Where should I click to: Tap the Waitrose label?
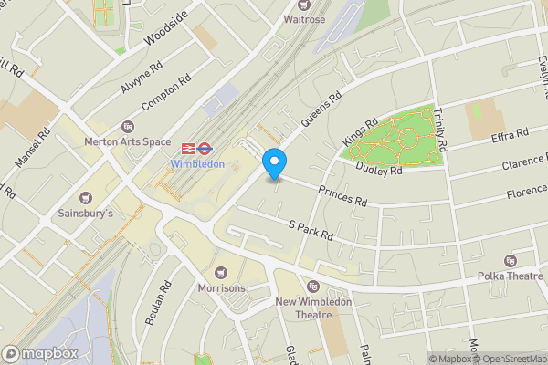(x=304, y=18)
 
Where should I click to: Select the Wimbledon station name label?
(x=196, y=164)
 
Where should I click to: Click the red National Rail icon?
(x=189, y=147)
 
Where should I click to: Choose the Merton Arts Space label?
(x=128, y=141)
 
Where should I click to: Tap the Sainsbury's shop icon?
(x=87, y=197)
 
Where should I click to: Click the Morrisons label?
(x=221, y=287)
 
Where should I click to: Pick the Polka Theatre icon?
(x=510, y=261)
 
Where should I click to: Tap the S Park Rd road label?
(x=311, y=230)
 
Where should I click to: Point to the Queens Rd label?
(x=323, y=107)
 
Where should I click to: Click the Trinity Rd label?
(x=440, y=129)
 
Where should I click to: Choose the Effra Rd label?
(x=510, y=135)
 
